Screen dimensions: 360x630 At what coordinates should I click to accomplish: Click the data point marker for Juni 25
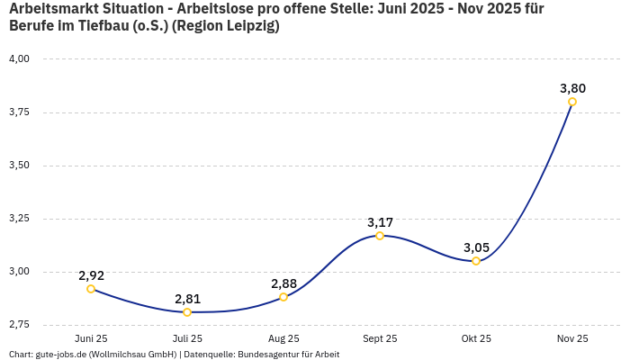coord(91,289)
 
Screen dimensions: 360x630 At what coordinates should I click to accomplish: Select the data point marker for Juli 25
coord(187,312)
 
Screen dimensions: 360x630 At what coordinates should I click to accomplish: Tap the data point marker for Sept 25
coord(380,236)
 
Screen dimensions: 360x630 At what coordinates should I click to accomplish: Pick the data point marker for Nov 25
coord(572,102)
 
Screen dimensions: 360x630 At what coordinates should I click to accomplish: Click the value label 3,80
coord(572,88)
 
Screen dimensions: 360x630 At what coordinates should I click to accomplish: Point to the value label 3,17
coord(380,222)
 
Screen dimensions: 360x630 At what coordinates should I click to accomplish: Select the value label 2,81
coord(187,299)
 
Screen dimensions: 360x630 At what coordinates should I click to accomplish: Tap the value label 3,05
coord(476,247)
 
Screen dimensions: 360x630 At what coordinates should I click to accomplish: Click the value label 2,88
coord(283,283)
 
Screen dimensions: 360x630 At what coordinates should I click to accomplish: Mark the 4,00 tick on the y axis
coord(19,59)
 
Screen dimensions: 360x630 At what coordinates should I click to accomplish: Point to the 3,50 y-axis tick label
coord(19,166)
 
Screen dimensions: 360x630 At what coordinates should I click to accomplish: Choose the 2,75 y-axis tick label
coord(19,324)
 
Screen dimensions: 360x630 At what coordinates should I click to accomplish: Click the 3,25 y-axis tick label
coord(19,219)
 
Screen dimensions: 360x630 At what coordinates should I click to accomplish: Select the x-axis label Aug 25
coord(283,338)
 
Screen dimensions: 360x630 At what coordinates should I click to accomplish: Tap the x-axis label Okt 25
coord(476,338)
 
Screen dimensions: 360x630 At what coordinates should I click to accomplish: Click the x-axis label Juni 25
coord(91,338)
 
